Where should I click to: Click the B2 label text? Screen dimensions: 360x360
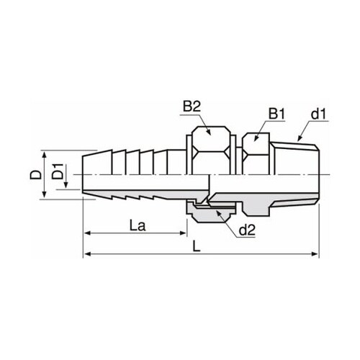[191, 107]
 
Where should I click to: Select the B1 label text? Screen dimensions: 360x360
[277, 114]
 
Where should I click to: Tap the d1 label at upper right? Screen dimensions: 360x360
[318, 114]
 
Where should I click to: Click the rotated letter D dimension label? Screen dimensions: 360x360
[33, 174]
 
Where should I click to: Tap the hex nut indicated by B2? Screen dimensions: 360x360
[209, 143]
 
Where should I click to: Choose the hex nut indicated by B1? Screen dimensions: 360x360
[255, 149]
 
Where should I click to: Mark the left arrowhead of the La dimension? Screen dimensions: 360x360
[88, 233]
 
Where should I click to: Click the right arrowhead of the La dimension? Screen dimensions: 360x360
[184, 233]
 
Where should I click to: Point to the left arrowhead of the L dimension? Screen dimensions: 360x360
[88, 254]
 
